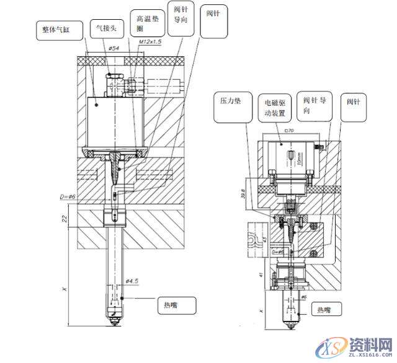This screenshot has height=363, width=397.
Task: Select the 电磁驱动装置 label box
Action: coord(275,108)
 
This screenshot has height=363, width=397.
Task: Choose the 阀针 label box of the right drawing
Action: coord(354,103)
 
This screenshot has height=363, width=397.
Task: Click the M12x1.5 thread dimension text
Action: coord(149,41)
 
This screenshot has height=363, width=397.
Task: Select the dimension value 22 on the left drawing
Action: coord(65,217)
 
